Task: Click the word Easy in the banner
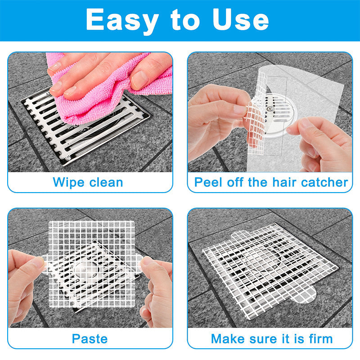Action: tap(122, 21)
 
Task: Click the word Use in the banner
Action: tap(240, 19)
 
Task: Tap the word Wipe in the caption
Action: tap(69, 183)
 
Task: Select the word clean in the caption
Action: tap(106, 182)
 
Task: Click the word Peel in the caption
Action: tap(208, 182)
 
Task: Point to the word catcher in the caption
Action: tap(324, 183)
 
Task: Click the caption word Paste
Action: tap(90, 339)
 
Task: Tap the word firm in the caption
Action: tap(321, 339)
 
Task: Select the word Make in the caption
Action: tap(228, 339)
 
